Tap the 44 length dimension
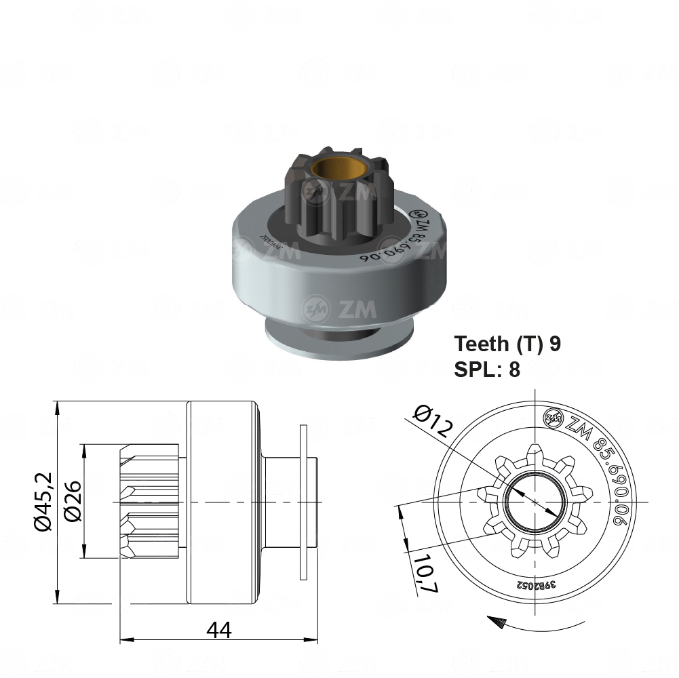219,630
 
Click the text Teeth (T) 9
507,343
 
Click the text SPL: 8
486,370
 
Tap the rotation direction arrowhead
497,620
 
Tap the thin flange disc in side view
303,502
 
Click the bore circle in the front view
536,502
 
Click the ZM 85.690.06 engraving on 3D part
393,241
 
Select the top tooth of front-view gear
536,451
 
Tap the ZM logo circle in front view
553,418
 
